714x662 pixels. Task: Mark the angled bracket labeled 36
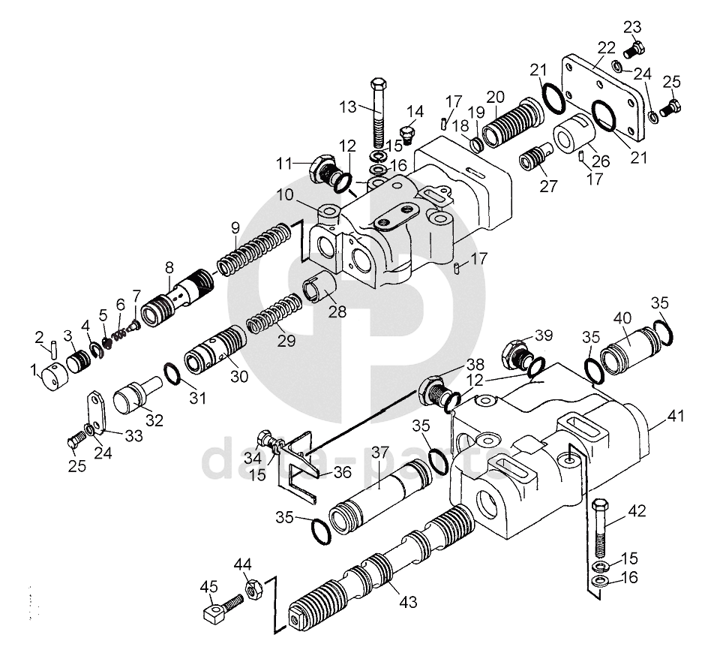[300, 465]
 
